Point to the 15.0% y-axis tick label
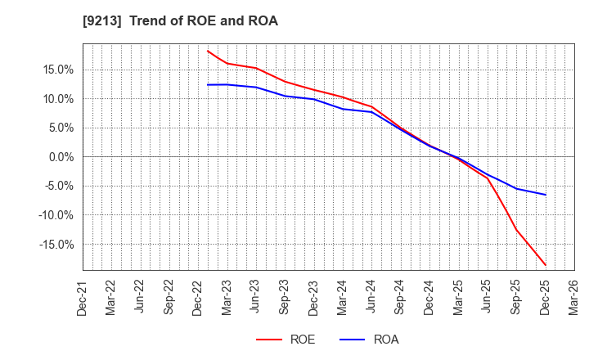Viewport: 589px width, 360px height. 56,70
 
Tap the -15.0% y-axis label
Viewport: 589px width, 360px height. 55,245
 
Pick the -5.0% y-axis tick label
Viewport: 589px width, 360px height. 57,186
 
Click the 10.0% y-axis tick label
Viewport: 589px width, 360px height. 56,99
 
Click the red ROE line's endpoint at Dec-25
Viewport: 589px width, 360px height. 546,265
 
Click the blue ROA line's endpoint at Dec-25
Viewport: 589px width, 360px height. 546,195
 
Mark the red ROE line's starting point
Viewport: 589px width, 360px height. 208,51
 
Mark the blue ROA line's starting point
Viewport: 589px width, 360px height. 208,84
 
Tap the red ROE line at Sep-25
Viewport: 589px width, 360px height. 516,228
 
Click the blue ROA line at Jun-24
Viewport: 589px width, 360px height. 372,112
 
